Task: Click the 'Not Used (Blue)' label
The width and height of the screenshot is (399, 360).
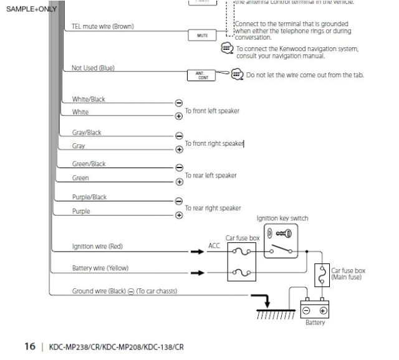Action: (x=93, y=68)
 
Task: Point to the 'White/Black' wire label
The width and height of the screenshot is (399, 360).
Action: (x=89, y=100)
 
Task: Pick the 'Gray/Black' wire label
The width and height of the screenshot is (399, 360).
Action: (x=87, y=133)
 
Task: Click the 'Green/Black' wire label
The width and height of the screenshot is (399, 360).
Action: (x=89, y=164)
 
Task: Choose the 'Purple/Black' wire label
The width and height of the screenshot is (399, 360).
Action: (x=89, y=197)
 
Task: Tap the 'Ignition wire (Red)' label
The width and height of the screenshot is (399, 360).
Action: (x=97, y=247)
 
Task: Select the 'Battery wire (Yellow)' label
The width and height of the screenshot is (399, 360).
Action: (x=100, y=268)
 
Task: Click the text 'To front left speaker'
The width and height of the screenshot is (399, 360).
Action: (x=212, y=111)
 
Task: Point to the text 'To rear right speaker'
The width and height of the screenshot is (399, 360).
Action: (x=213, y=208)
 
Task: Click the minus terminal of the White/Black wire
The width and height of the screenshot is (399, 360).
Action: (x=179, y=103)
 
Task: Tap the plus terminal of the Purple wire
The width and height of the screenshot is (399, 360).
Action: (x=179, y=216)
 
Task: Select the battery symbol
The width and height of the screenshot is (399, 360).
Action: (x=315, y=310)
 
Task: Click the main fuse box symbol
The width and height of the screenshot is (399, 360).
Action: (x=322, y=272)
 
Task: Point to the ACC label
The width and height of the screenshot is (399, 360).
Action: (x=214, y=246)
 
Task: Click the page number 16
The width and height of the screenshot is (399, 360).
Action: (x=30, y=346)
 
